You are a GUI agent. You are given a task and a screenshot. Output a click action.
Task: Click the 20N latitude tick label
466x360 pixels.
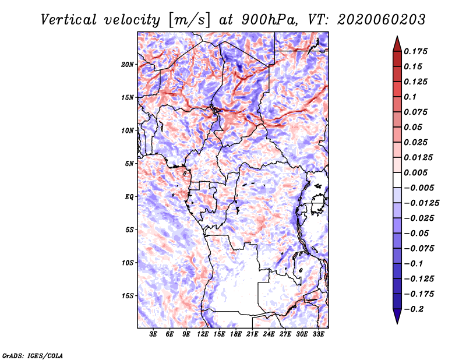coord(128,64)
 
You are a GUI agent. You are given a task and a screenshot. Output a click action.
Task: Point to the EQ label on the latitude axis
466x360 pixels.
coord(129,196)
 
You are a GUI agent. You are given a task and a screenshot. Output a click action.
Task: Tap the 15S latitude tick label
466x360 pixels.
coord(128,296)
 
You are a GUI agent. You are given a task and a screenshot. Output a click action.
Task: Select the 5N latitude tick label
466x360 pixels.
coord(129,164)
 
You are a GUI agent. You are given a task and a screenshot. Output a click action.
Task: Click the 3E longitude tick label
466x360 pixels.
coord(153,334)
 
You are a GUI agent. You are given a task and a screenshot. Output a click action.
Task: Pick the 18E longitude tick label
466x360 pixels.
coord(236,334)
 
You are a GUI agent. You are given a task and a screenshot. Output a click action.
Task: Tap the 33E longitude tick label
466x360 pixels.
coord(318,334)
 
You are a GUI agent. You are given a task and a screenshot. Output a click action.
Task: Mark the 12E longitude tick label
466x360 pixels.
coord(203,334)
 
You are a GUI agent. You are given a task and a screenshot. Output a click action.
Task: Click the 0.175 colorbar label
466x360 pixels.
coord(415,51)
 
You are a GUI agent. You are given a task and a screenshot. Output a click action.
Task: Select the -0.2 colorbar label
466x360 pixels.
coord(414,309)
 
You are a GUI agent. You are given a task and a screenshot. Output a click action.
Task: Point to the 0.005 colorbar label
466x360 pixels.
coord(415,172)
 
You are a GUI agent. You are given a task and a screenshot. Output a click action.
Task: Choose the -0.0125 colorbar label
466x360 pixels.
coord(421,203)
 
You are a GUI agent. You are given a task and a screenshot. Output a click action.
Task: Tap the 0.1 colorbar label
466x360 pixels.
coord(410,97)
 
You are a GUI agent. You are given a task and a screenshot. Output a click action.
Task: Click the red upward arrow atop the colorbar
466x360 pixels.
coord(397,44)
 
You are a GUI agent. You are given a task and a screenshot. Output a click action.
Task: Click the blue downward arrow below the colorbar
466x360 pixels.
coord(397,316)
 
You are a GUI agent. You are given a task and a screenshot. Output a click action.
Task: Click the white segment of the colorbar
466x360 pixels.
coord(397,180)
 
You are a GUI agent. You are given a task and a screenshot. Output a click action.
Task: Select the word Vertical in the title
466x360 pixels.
coord(68,20)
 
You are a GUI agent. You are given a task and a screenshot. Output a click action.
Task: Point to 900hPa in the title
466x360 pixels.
coord(269,20)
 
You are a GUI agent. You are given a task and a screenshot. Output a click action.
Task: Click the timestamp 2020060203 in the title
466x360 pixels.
coord(382,20)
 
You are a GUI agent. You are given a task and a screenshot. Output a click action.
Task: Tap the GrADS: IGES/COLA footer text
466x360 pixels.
coord(33,355)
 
